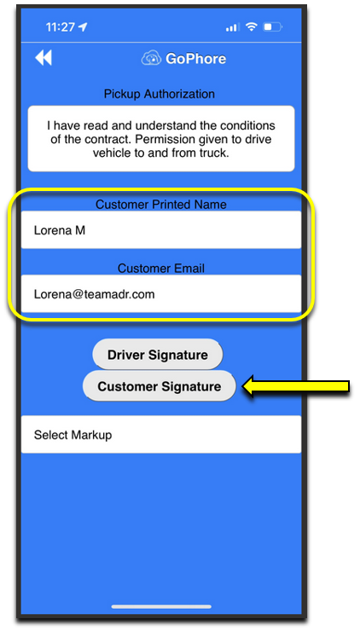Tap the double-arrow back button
tap(44, 58)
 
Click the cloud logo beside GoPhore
tap(151, 59)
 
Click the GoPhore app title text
tap(195, 59)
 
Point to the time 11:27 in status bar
tap(60, 27)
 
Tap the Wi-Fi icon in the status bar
tap(252, 27)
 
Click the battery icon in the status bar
tap(273, 27)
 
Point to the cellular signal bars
tap(231, 27)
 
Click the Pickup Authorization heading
tap(160, 94)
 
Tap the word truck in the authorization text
tap(214, 153)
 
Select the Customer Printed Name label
tap(161, 205)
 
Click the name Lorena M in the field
tap(60, 230)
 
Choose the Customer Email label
tap(161, 268)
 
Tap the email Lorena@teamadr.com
tap(94, 294)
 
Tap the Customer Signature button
tap(159, 386)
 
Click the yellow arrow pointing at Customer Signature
tap(295, 387)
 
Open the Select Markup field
tap(161, 435)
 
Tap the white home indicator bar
tap(161, 606)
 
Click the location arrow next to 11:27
tap(83, 27)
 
